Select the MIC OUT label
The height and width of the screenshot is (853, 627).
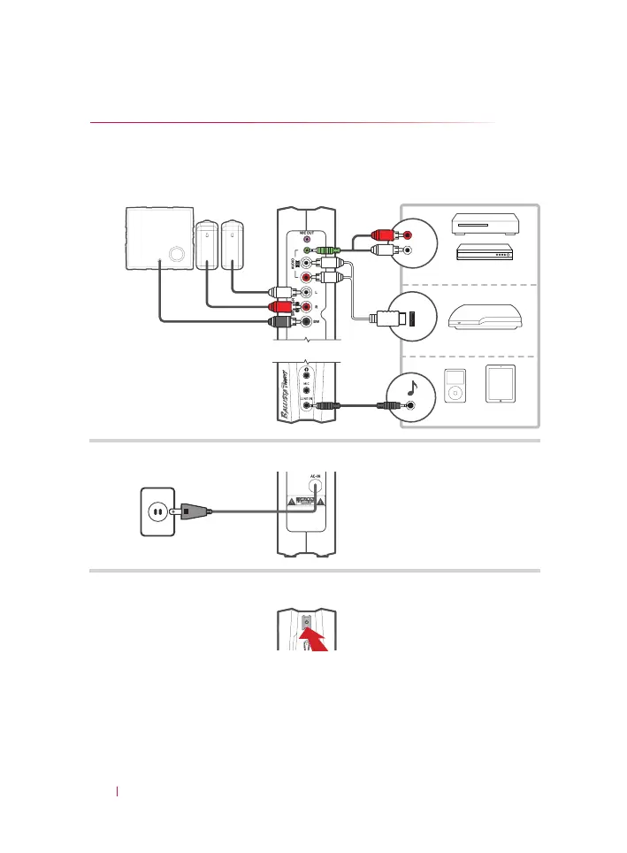point(307,232)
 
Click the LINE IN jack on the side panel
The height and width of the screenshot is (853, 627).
point(307,405)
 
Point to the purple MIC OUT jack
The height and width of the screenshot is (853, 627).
point(307,239)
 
